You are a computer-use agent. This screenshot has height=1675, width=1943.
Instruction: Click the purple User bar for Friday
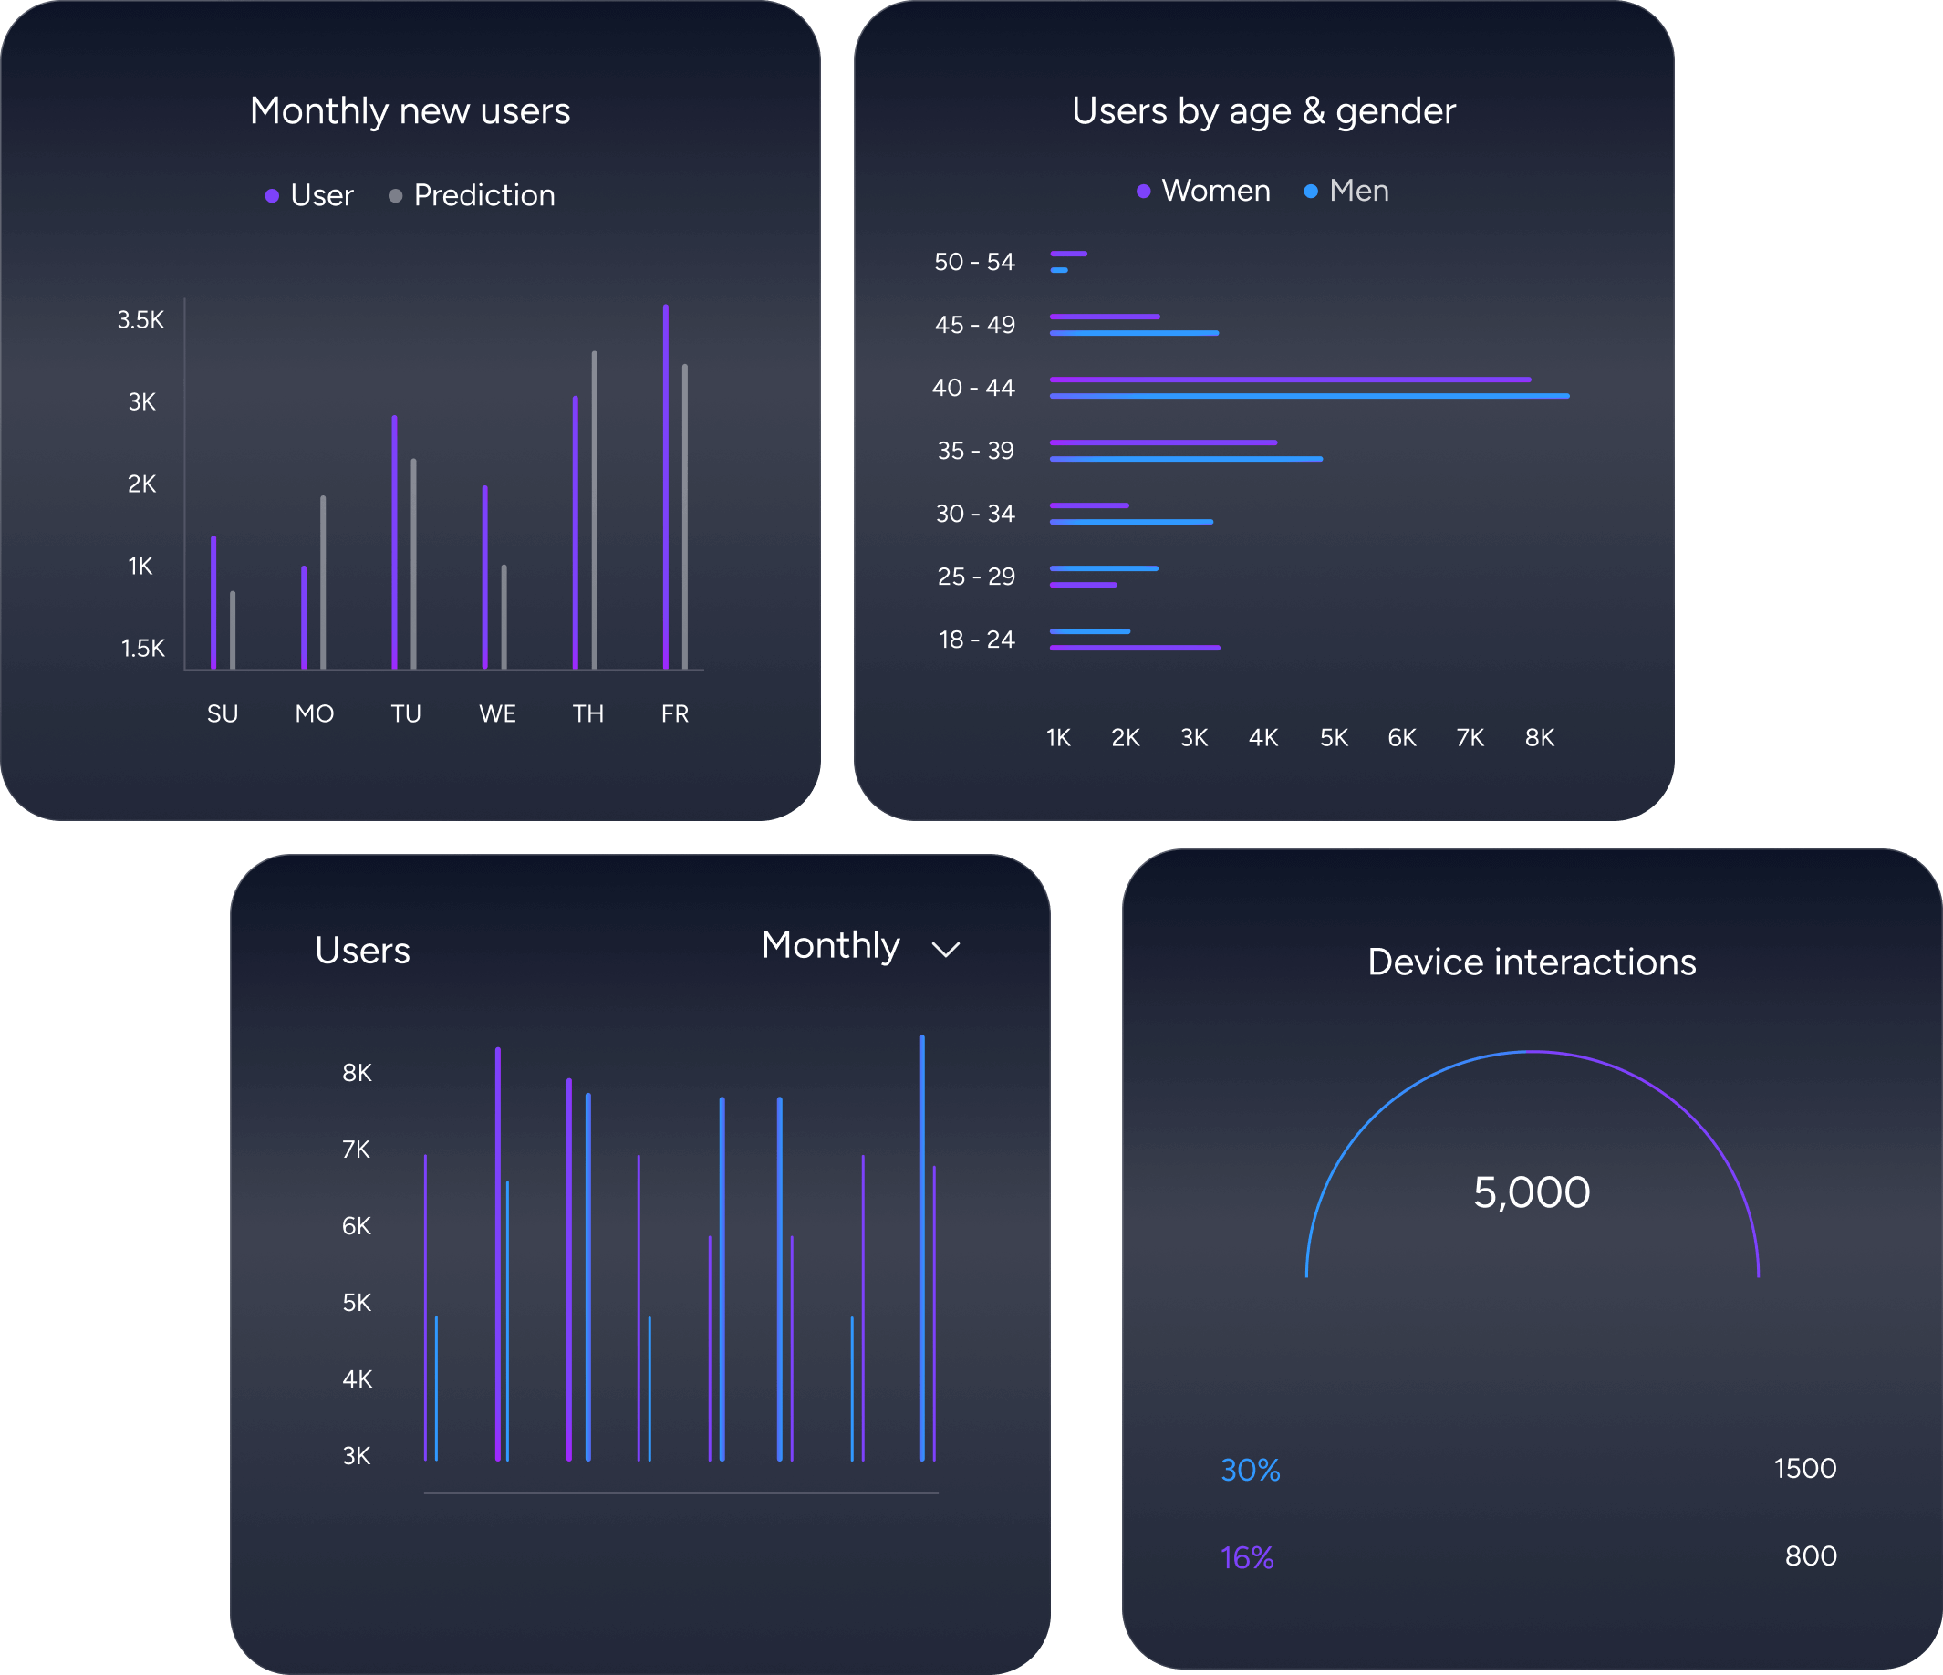click(x=666, y=488)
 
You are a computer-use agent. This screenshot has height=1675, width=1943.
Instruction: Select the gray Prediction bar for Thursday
click(x=595, y=511)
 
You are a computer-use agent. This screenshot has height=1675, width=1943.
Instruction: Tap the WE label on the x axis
click(x=497, y=713)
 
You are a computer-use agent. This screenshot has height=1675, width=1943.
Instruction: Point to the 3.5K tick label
click(x=140, y=320)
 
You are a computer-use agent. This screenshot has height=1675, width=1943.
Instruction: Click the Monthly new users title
click(x=410, y=110)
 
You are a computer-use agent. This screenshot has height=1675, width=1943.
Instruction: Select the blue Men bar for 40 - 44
click(x=1309, y=396)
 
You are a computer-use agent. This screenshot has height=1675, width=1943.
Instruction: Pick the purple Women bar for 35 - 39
click(x=1163, y=442)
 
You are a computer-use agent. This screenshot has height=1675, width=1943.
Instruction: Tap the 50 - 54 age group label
click(x=974, y=262)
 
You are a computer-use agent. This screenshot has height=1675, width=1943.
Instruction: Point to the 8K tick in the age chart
click(x=1539, y=738)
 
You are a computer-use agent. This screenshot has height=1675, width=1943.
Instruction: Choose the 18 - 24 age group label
click(x=976, y=640)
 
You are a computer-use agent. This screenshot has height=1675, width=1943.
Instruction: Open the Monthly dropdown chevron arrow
click(x=945, y=949)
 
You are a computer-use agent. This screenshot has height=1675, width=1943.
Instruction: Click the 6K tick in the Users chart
click(x=357, y=1226)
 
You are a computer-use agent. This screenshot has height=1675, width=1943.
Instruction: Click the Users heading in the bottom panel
click(x=363, y=951)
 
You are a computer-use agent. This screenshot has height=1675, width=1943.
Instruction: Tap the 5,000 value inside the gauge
click(x=1532, y=1192)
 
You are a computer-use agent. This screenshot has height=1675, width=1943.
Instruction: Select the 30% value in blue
click(x=1250, y=1470)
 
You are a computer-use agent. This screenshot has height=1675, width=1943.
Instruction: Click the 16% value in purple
click(x=1246, y=1558)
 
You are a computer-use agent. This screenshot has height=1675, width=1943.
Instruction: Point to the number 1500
click(x=1804, y=1468)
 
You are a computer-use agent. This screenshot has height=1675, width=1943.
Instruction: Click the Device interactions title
click(x=1532, y=962)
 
